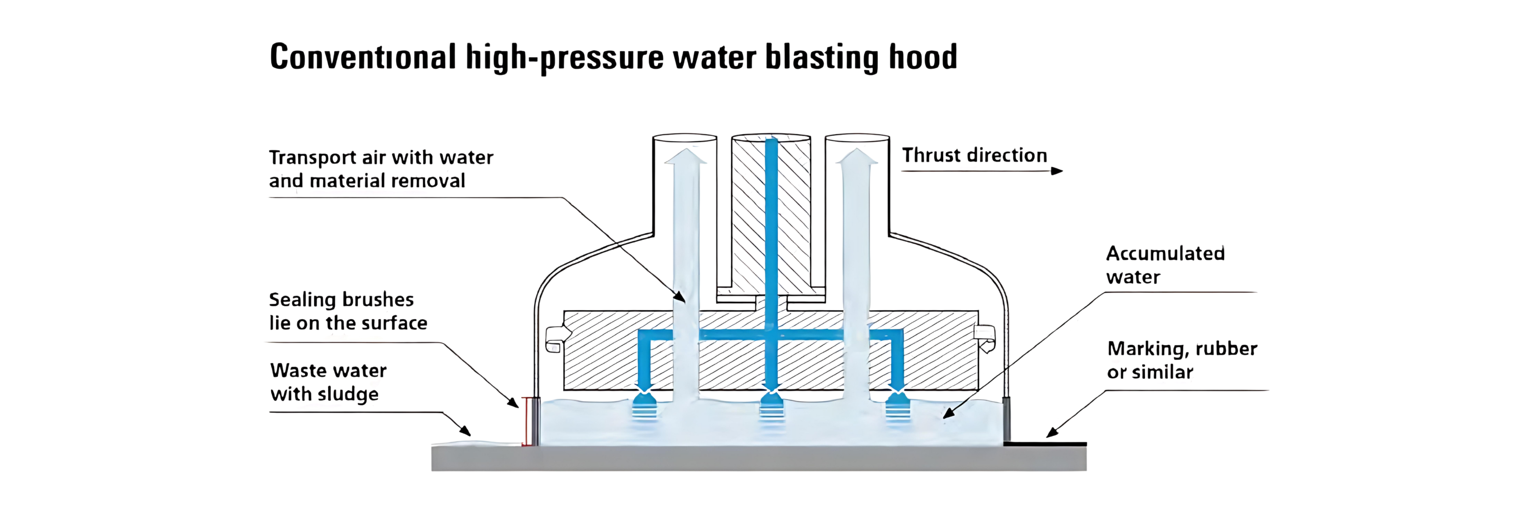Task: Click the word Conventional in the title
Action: pyautogui.click(x=362, y=57)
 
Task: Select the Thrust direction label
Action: pyautogui.click(x=975, y=155)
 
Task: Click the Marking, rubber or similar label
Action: pyautogui.click(x=1182, y=360)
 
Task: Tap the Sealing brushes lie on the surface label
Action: pyautogui.click(x=348, y=311)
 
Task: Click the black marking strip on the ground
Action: pyautogui.click(x=1045, y=444)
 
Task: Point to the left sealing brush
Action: pyautogui.click(x=536, y=421)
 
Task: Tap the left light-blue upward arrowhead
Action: pyautogui.click(x=685, y=156)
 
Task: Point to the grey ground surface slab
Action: pyautogui.click(x=759, y=458)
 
